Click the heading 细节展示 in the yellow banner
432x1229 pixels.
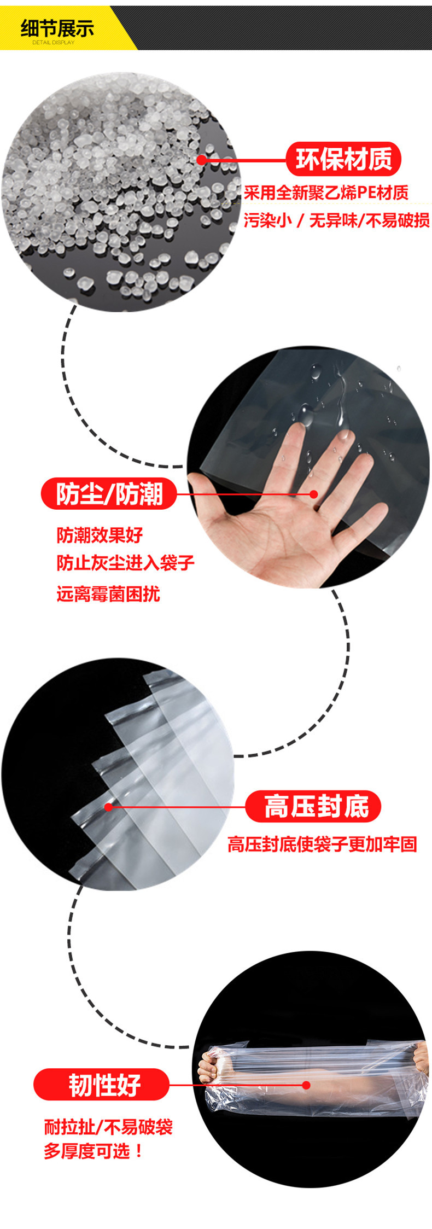pyautogui.click(x=57, y=28)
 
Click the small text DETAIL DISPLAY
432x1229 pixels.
pyautogui.click(x=53, y=43)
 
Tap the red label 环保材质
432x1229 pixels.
pyautogui.click(x=343, y=159)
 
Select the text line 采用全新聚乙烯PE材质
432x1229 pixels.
pyautogui.click(x=326, y=193)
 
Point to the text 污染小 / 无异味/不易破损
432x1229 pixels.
pyautogui.click(x=336, y=220)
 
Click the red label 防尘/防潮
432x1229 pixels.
pyautogui.click(x=109, y=494)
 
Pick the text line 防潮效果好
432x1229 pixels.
pyautogui.click(x=100, y=535)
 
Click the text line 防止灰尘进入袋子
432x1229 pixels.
pyautogui.click(x=125, y=563)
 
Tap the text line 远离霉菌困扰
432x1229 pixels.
pyautogui.click(x=108, y=593)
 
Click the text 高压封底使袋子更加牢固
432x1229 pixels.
pyautogui.click(x=322, y=844)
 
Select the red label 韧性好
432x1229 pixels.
pyautogui.click(x=104, y=1085)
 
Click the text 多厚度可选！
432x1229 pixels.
pyautogui.click(x=94, y=1151)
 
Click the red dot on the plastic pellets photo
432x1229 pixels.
pyautogui.click(x=202, y=160)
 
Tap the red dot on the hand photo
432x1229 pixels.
pyautogui.click(x=314, y=494)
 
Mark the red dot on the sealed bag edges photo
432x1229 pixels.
pyautogui.click(x=108, y=807)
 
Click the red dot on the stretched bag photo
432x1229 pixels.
pyautogui.click(x=306, y=1085)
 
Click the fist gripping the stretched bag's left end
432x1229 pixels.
pyautogui.click(x=210, y=1067)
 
